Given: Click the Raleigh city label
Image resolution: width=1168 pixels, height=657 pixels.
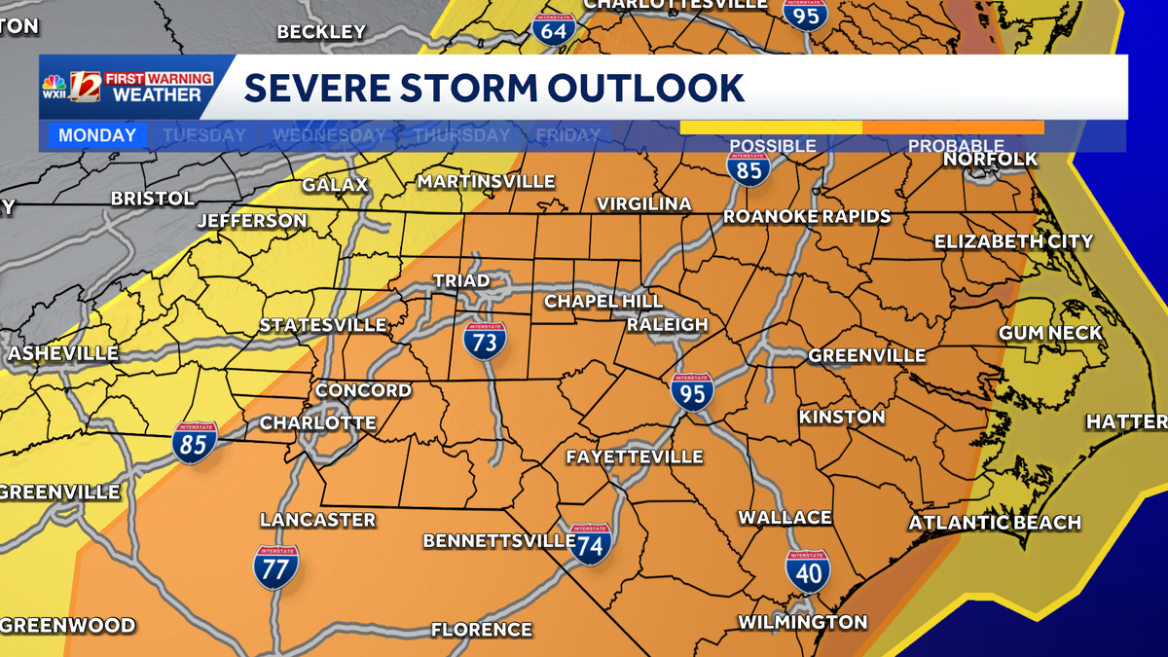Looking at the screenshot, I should [x=667, y=324].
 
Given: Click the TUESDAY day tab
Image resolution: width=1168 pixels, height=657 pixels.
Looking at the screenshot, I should [x=204, y=135].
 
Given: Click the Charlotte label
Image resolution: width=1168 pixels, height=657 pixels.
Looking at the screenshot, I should [x=317, y=423].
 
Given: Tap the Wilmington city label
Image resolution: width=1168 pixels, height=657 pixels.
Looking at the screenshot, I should [x=802, y=622].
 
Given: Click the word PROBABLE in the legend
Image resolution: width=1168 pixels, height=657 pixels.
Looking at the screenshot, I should [x=956, y=146].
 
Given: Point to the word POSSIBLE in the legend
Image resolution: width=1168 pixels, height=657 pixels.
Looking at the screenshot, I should [x=772, y=146].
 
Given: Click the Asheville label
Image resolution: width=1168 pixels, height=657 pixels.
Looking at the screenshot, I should [x=63, y=353].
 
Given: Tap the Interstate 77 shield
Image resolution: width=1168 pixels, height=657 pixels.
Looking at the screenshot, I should [x=275, y=566].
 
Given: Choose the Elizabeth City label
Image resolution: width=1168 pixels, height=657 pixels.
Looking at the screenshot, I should [x=1013, y=241].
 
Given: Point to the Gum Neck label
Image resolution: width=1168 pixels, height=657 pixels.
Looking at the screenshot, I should [x=1050, y=333].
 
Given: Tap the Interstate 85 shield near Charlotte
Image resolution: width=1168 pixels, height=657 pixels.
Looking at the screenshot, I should [x=196, y=443].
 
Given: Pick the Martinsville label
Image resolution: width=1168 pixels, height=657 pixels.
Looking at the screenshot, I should [x=486, y=182].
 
